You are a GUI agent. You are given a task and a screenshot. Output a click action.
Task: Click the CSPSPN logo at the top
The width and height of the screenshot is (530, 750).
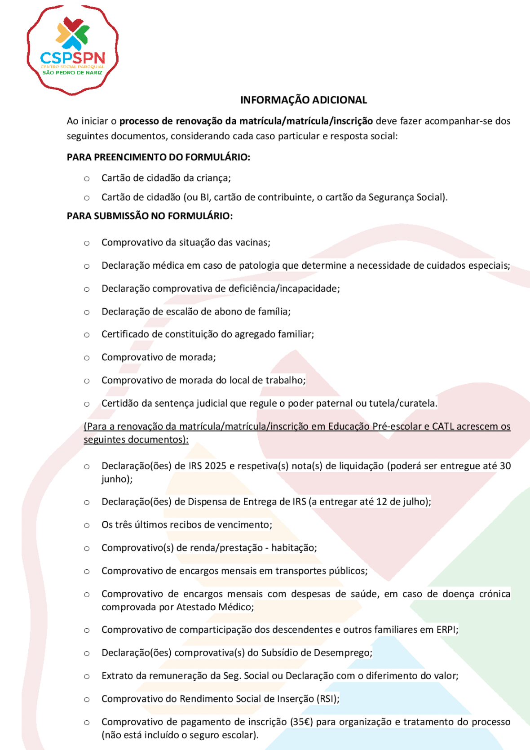72,50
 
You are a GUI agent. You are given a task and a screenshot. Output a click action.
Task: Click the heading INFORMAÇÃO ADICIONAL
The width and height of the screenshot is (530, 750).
304,100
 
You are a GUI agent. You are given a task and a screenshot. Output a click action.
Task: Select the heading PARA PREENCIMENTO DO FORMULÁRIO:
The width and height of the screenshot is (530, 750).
158,157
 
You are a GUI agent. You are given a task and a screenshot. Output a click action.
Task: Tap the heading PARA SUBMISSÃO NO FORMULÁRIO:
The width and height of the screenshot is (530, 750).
150,216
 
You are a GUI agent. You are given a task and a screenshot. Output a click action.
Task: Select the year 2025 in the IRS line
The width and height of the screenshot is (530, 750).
215,466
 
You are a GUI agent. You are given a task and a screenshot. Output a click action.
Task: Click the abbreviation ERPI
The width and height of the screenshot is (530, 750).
447,630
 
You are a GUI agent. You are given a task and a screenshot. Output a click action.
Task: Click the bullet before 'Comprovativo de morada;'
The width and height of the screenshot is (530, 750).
87,358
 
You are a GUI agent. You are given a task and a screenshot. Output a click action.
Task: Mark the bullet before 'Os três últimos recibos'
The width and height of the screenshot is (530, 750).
87,525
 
